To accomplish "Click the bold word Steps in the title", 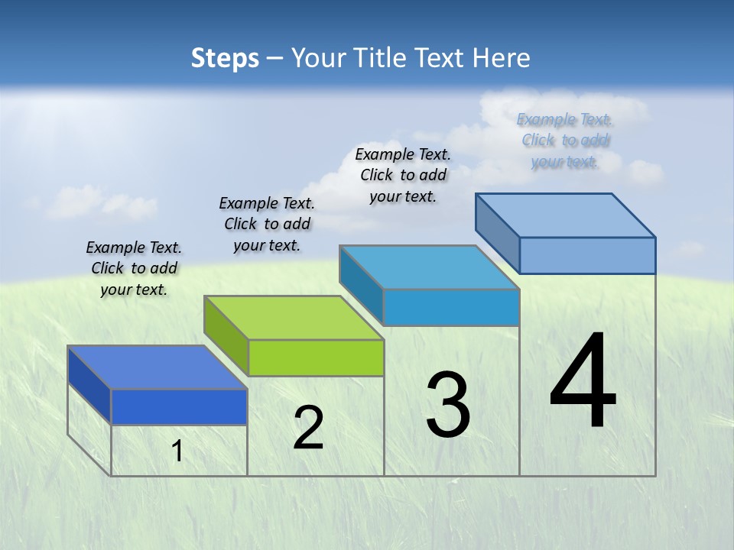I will [225, 58].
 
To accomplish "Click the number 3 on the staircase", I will [447, 405].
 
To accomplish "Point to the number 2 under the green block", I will [308, 428].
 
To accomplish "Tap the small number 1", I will [177, 451].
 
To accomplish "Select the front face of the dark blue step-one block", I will [180, 406].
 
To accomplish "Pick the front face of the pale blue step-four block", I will [587, 255].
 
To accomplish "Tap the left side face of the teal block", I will [362, 283].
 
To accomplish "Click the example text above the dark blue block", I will [134, 268].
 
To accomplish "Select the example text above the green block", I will [267, 224].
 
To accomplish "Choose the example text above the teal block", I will [403, 175].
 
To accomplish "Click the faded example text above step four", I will [564, 140].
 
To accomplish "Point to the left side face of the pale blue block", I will [498, 231].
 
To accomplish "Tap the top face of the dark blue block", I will [158, 367].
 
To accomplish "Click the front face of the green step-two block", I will [316, 357].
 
